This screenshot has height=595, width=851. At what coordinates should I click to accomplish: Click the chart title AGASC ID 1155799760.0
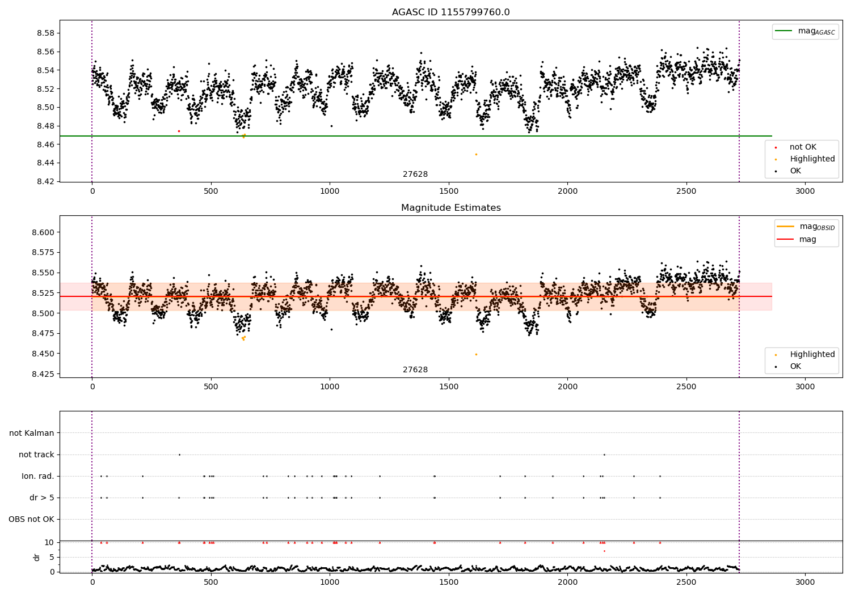pyautogui.click(x=450, y=12)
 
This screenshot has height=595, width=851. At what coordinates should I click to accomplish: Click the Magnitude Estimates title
pyautogui.click(x=450, y=208)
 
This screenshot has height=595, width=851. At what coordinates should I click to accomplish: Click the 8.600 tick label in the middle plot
pyautogui.click(x=43, y=232)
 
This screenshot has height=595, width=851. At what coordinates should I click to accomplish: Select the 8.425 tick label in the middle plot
pyautogui.click(x=43, y=374)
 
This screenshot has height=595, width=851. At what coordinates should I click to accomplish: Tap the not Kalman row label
pyautogui.click(x=32, y=433)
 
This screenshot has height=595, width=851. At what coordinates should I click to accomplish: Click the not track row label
pyautogui.click(x=36, y=454)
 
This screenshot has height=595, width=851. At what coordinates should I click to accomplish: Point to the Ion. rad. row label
pyautogui.click(x=37, y=476)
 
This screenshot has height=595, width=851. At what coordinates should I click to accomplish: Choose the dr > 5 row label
pyautogui.click(x=41, y=498)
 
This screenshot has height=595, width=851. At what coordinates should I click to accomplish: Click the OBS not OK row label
pyautogui.click(x=31, y=519)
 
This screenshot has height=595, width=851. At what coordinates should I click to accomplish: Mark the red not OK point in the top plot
pyautogui.click(x=179, y=131)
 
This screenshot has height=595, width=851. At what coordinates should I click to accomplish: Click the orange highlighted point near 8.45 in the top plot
pyautogui.click(x=476, y=154)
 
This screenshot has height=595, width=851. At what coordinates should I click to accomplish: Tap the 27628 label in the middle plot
pyautogui.click(x=415, y=370)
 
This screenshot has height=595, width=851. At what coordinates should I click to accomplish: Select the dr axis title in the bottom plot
pyautogui.click(x=37, y=557)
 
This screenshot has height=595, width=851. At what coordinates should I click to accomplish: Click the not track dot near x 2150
pyautogui.click(x=604, y=454)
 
